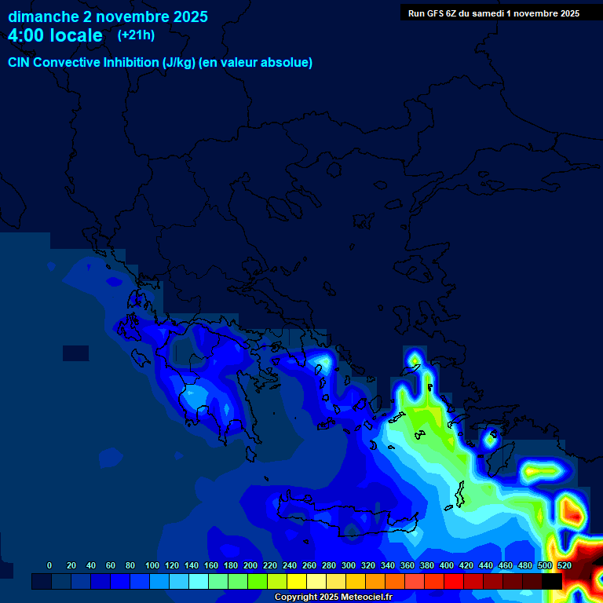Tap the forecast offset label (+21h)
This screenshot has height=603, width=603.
[x=136, y=35]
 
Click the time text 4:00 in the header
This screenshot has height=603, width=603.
[x=28, y=35]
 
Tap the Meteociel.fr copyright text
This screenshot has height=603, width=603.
[x=333, y=598]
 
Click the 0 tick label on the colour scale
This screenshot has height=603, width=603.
[x=49, y=565]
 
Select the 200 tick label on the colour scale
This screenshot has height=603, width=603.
[x=250, y=565]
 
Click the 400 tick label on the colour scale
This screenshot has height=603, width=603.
[x=447, y=565]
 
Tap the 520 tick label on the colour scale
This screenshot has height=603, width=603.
[x=564, y=565]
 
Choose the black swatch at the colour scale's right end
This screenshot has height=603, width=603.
[x=552, y=581]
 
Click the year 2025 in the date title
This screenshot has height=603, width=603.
[x=189, y=16]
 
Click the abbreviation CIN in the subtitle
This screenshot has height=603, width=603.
[x=19, y=63]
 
